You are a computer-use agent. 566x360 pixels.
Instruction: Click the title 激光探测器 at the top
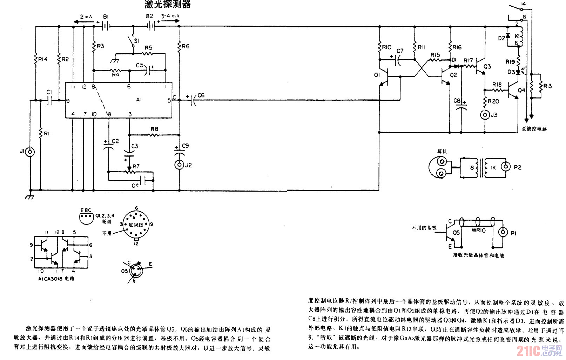coord(168,4)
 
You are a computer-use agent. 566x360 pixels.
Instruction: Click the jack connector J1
coord(31,152)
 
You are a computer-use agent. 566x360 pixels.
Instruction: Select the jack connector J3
coord(485,115)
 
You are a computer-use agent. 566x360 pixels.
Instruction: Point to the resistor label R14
coord(43,59)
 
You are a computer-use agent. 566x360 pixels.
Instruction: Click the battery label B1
coord(106,16)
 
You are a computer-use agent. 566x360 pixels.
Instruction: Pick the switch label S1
coord(136,41)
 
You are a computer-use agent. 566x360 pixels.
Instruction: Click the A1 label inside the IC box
coord(139,100)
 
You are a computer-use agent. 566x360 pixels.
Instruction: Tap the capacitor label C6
coord(201,95)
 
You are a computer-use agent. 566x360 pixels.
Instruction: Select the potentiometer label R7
coord(136,166)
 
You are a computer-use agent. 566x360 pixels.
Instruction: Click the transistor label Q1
coord(377,75)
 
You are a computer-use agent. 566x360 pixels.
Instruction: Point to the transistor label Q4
coord(521,90)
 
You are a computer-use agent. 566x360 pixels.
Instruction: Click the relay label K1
coord(517,36)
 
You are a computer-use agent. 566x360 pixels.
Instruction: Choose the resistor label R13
coord(547,86)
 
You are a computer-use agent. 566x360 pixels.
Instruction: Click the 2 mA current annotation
coord(86,16)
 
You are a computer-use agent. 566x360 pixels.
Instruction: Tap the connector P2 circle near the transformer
coord(506,167)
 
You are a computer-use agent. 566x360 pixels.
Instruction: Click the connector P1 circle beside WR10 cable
coord(504,232)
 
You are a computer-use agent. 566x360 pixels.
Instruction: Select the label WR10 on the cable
coord(478,230)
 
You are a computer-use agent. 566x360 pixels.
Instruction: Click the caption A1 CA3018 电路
coord(56,279)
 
